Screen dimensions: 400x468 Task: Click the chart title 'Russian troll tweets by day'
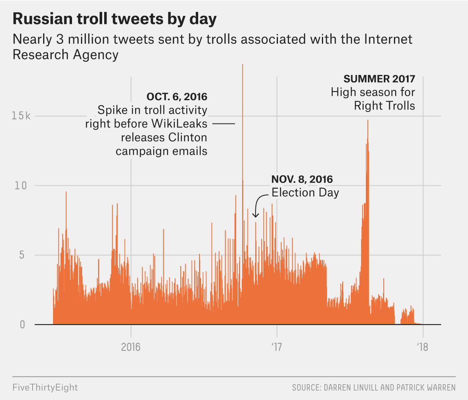coord(115,19)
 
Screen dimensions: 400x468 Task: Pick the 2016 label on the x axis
coord(131,347)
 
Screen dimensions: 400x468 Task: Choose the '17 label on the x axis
coord(277,347)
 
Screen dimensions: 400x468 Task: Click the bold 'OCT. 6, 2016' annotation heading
coord(177,97)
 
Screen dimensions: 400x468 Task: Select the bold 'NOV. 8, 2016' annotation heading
coord(302,179)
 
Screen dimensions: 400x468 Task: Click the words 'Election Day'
coord(305,192)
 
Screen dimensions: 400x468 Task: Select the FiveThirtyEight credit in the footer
coord(45,387)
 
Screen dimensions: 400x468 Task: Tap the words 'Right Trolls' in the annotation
coord(385,106)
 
